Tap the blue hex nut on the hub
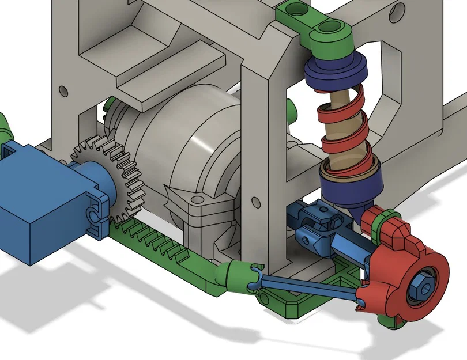pos(419,284)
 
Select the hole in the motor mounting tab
pos(199,199)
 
